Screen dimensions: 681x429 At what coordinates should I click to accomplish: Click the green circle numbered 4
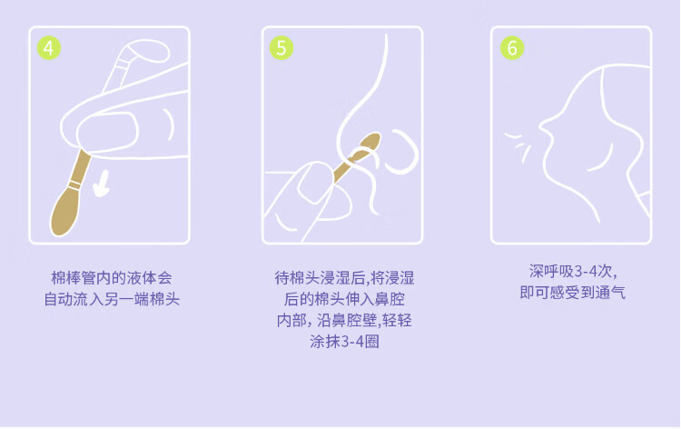click(x=49, y=48)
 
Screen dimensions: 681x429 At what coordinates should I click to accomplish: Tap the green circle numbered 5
click(x=281, y=48)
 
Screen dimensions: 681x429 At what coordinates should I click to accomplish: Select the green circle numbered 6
click(x=512, y=48)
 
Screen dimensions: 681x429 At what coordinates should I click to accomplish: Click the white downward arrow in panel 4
click(x=103, y=184)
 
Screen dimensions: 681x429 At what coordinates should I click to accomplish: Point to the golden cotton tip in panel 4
click(x=64, y=212)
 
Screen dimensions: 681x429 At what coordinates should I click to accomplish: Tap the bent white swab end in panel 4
click(x=145, y=50)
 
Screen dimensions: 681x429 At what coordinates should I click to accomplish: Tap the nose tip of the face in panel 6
click(x=541, y=126)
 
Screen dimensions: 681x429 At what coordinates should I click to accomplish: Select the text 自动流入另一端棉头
click(x=112, y=299)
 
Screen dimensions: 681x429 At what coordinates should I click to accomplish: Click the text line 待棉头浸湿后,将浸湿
click(x=344, y=278)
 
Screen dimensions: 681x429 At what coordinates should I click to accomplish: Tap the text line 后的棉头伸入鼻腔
click(x=344, y=299)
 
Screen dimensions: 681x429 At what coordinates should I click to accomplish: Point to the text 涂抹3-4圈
click(x=344, y=342)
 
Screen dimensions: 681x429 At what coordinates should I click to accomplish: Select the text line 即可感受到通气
click(x=572, y=293)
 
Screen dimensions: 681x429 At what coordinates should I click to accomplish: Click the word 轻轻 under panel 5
click(x=397, y=320)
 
